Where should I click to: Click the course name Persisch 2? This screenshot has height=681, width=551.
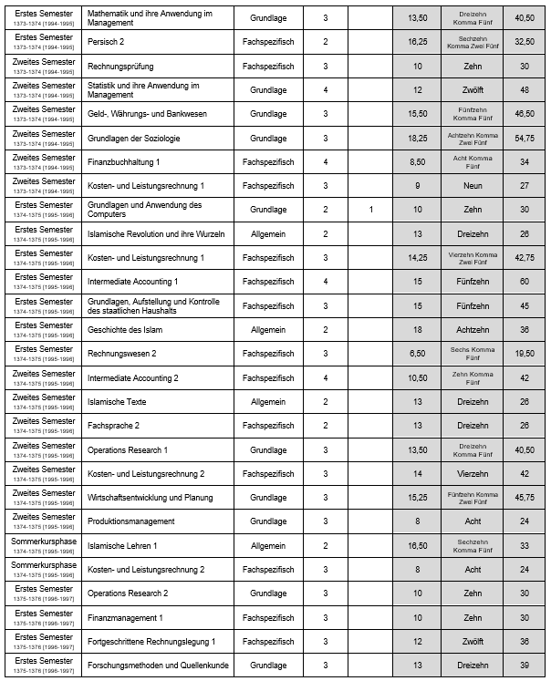[x=105, y=42]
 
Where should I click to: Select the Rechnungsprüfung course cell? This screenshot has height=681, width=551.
[x=120, y=67]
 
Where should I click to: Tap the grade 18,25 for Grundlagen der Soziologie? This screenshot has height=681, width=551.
[x=417, y=138]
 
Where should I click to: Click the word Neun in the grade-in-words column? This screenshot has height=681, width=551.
[x=473, y=186]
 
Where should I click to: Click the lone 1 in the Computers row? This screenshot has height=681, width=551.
[x=371, y=210]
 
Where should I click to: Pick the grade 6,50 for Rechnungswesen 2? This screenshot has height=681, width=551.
[x=417, y=354]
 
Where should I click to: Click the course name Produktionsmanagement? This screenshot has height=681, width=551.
[x=130, y=521]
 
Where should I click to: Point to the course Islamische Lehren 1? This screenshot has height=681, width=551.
[x=122, y=545]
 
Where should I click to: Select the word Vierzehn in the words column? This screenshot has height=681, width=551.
[x=473, y=473]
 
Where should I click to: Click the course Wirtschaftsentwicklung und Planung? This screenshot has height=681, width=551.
[x=150, y=498]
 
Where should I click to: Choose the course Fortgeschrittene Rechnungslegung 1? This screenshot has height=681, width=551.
[x=151, y=642]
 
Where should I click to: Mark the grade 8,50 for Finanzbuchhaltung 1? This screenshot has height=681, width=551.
[x=417, y=161]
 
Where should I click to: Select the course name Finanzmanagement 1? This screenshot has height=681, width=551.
[x=125, y=617]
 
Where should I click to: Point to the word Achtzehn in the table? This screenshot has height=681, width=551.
[x=473, y=330]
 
